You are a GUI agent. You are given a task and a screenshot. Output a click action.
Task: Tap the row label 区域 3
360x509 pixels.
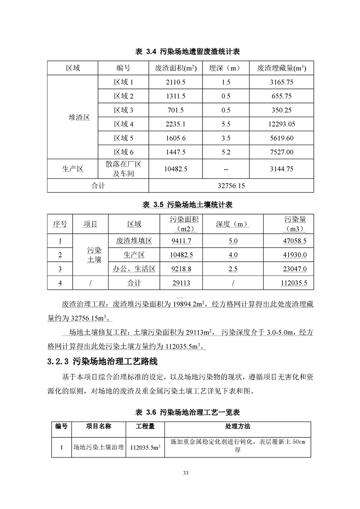tap(123, 110)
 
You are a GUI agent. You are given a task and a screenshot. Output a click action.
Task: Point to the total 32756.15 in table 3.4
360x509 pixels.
tap(231, 186)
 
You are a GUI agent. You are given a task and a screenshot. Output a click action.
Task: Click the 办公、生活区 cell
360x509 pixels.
tap(134, 269)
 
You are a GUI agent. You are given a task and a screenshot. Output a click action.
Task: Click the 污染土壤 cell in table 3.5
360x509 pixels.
tap(94, 255)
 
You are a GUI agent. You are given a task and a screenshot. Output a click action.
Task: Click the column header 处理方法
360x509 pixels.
tap(237, 427)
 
